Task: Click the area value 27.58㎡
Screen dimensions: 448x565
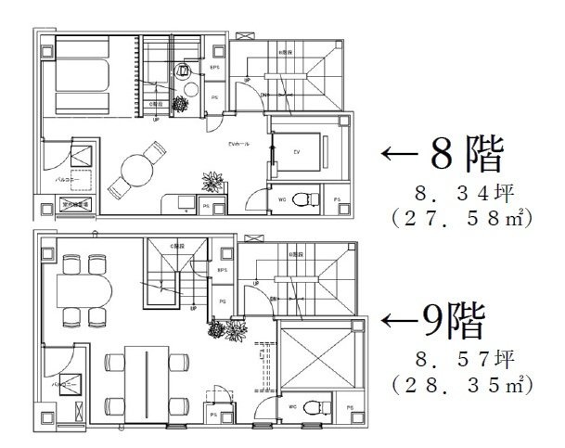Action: pyautogui.click(x=458, y=221)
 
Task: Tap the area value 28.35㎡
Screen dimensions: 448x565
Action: pyautogui.click(x=458, y=383)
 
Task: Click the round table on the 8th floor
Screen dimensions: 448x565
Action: pyautogui.click(x=137, y=168)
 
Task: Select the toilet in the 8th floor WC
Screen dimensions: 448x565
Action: pyautogui.click(x=300, y=198)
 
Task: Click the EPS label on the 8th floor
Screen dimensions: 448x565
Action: pyautogui.click(x=214, y=68)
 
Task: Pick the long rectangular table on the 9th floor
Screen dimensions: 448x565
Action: pyautogui.click(x=144, y=378)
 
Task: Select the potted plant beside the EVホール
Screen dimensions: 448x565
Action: pyautogui.click(x=213, y=180)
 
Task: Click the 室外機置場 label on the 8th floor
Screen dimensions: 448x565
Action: pyautogui.click(x=74, y=205)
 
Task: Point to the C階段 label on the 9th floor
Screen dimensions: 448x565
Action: pyautogui.click(x=173, y=246)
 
